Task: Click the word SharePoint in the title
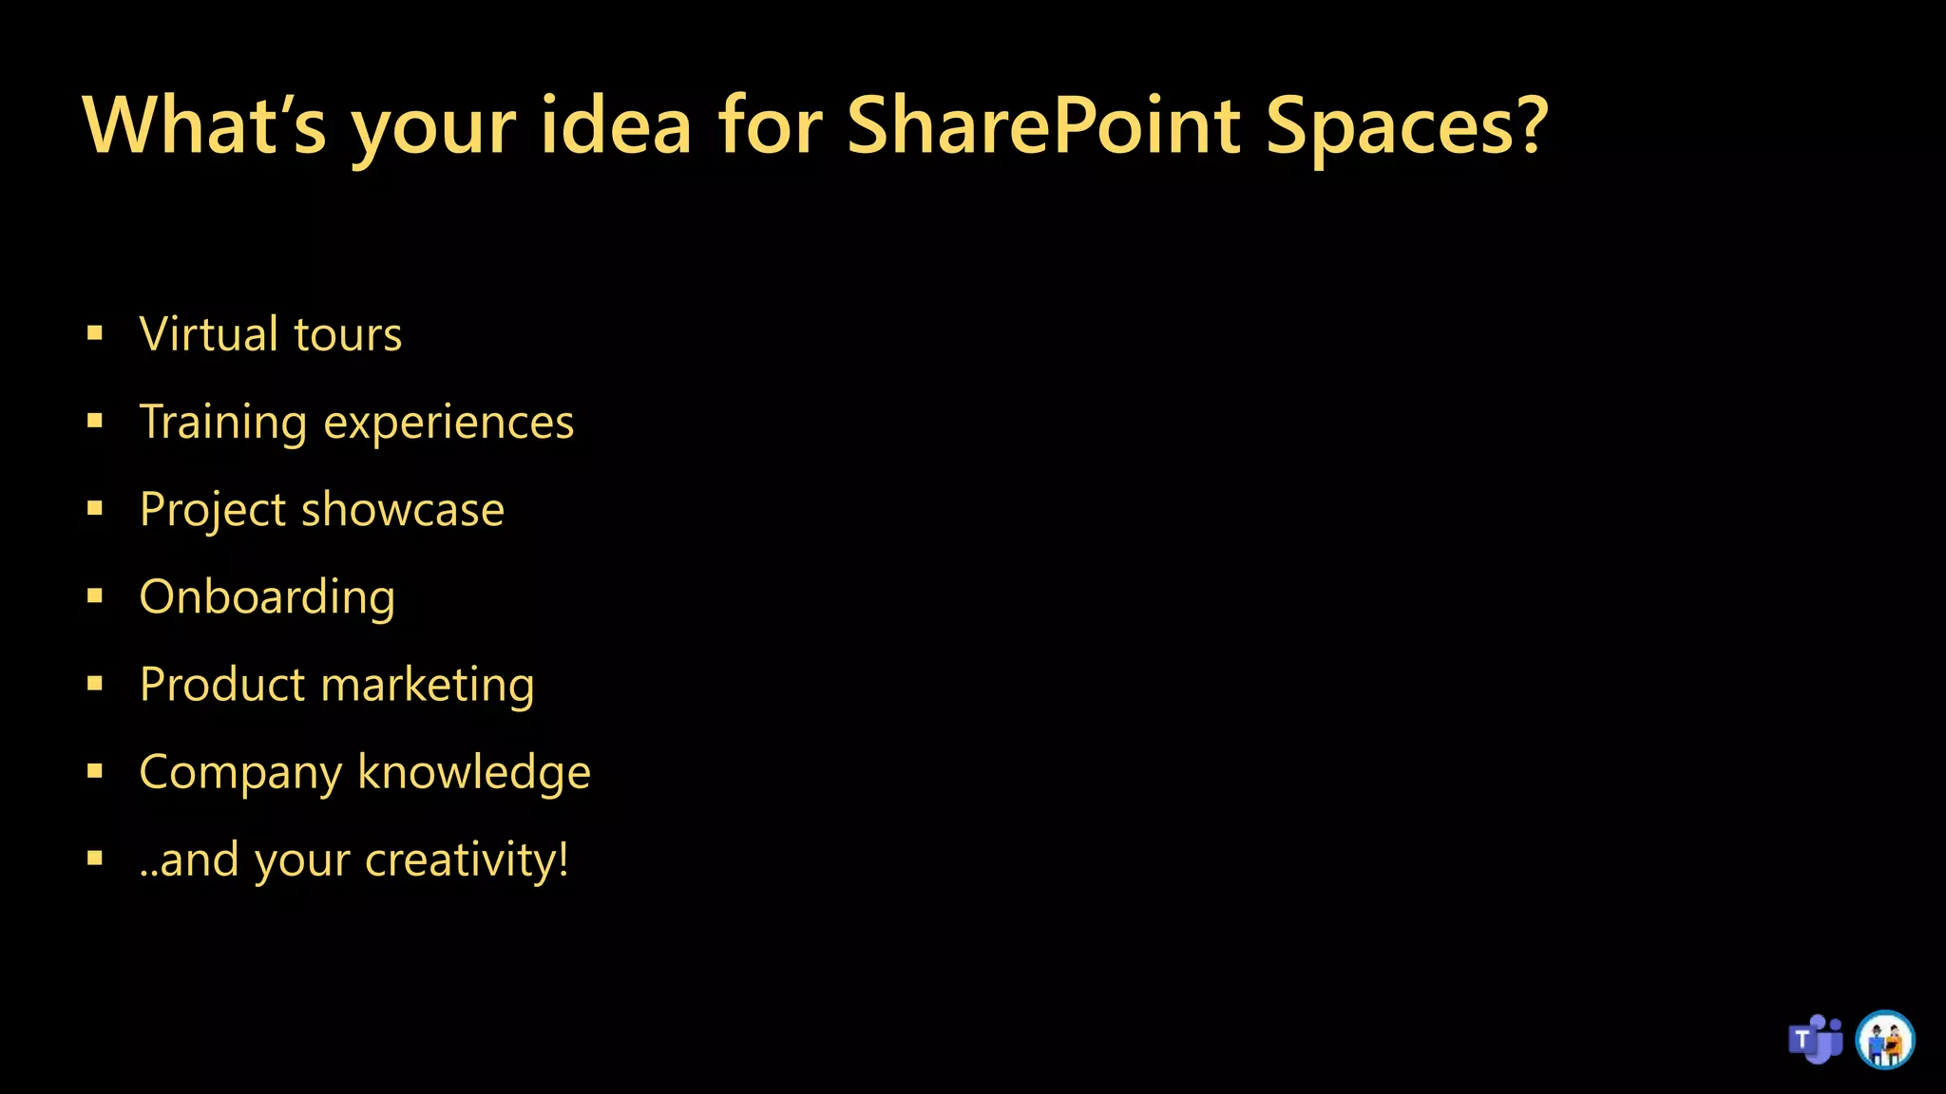(1043, 126)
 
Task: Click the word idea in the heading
(616, 126)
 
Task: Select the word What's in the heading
(204, 126)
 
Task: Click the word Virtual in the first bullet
(209, 334)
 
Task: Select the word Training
(223, 422)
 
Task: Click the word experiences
(448, 424)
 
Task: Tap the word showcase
(402, 510)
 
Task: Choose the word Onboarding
(267, 598)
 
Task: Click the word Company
(240, 773)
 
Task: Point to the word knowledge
(474, 772)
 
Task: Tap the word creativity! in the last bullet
(467, 860)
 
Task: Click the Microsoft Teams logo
(1815, 1040)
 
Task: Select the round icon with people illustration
(1885, 1040)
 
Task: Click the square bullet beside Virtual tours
(95, 333)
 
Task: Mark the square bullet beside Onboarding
(95, 596)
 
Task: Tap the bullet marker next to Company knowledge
(95, 771)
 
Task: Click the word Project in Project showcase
(213, 511)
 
